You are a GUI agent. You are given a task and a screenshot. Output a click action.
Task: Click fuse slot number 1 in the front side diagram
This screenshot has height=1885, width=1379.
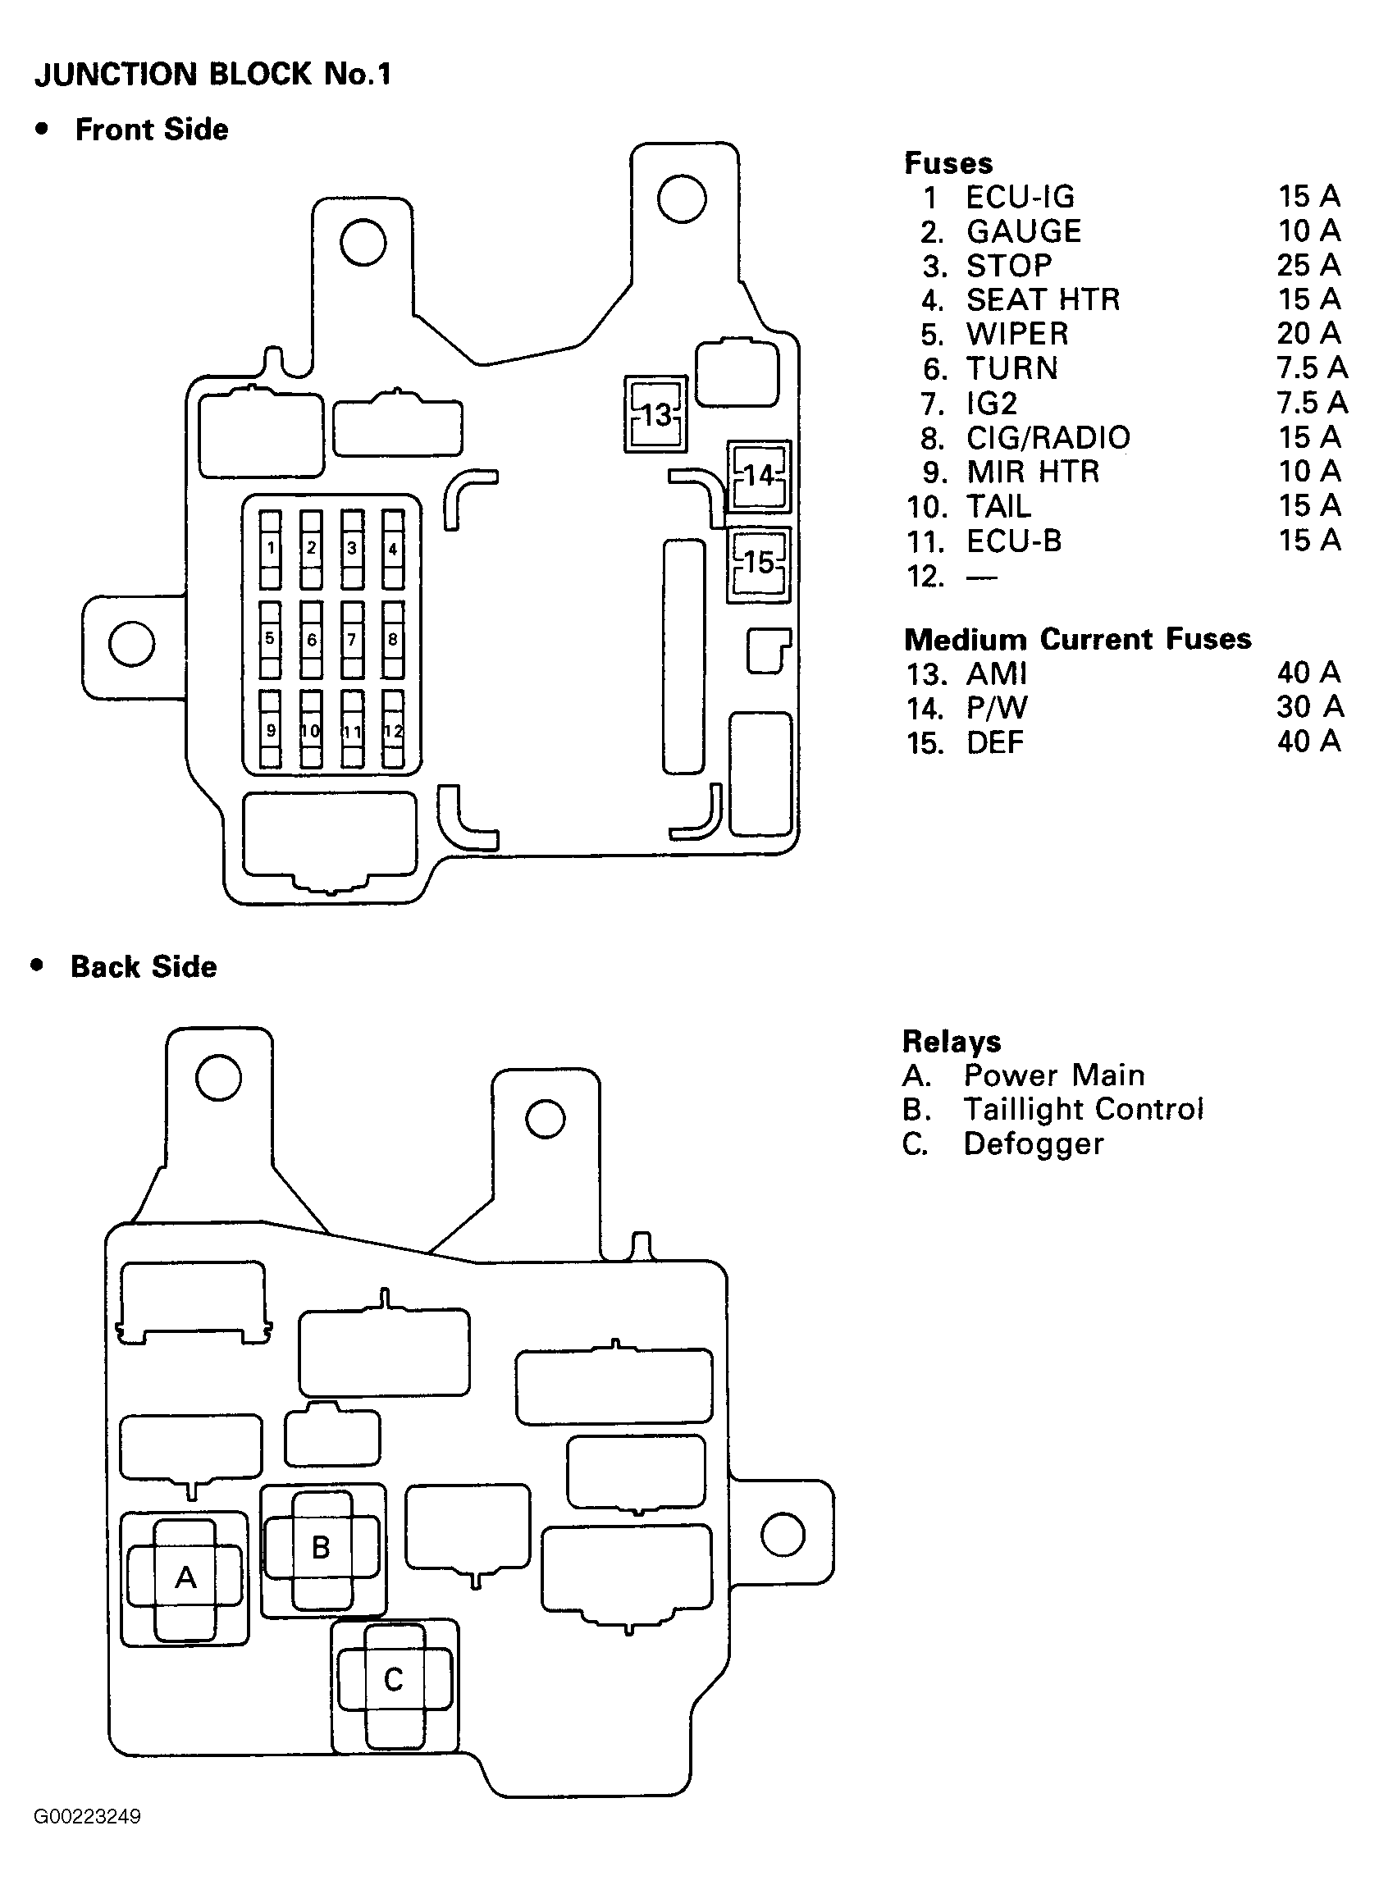coord(270,549)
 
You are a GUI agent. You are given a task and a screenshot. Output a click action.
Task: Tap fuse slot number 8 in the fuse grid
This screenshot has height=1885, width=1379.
coord(393,640)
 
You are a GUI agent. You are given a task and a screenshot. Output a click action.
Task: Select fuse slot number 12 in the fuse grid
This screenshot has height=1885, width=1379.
coord(393,730)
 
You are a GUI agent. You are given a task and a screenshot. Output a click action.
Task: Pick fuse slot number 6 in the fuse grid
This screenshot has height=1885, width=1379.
coord(312,640)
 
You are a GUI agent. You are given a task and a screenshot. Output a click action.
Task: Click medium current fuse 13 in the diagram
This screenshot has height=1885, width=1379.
coord(656,414)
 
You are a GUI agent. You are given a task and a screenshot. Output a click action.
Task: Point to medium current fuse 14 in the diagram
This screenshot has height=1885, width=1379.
coord(759,476)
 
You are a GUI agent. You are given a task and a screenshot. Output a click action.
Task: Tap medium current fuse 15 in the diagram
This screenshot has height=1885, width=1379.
coord(759,564)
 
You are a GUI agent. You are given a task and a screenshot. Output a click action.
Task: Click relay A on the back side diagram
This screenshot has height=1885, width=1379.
coord(185,1577)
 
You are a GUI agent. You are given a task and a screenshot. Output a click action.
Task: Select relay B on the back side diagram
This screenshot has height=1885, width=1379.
coord(322,1548)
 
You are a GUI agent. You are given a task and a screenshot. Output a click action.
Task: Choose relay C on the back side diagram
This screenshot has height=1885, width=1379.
coord(393,1679)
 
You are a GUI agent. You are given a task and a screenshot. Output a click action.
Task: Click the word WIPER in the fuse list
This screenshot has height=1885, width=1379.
coord(1017,334)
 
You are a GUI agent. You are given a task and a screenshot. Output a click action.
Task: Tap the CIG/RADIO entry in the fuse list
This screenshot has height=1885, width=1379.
coord(1048,437)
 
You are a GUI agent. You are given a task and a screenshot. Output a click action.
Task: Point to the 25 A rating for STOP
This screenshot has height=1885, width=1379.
coord(1308,265)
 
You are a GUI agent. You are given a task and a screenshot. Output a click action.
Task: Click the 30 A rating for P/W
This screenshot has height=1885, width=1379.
coord(1310,707)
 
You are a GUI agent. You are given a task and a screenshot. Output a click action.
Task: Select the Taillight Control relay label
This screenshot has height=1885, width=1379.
coord(1084,1109)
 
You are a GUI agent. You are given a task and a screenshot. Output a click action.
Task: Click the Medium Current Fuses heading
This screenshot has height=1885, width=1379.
coord(1078,639)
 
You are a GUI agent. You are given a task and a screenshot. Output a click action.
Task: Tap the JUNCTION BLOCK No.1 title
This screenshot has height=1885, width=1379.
coord(212,75)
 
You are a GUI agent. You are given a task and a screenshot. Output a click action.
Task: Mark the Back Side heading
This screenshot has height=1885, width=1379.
coord(144,966)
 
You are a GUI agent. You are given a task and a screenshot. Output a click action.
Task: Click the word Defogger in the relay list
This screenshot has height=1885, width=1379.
coord(1034,1144)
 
